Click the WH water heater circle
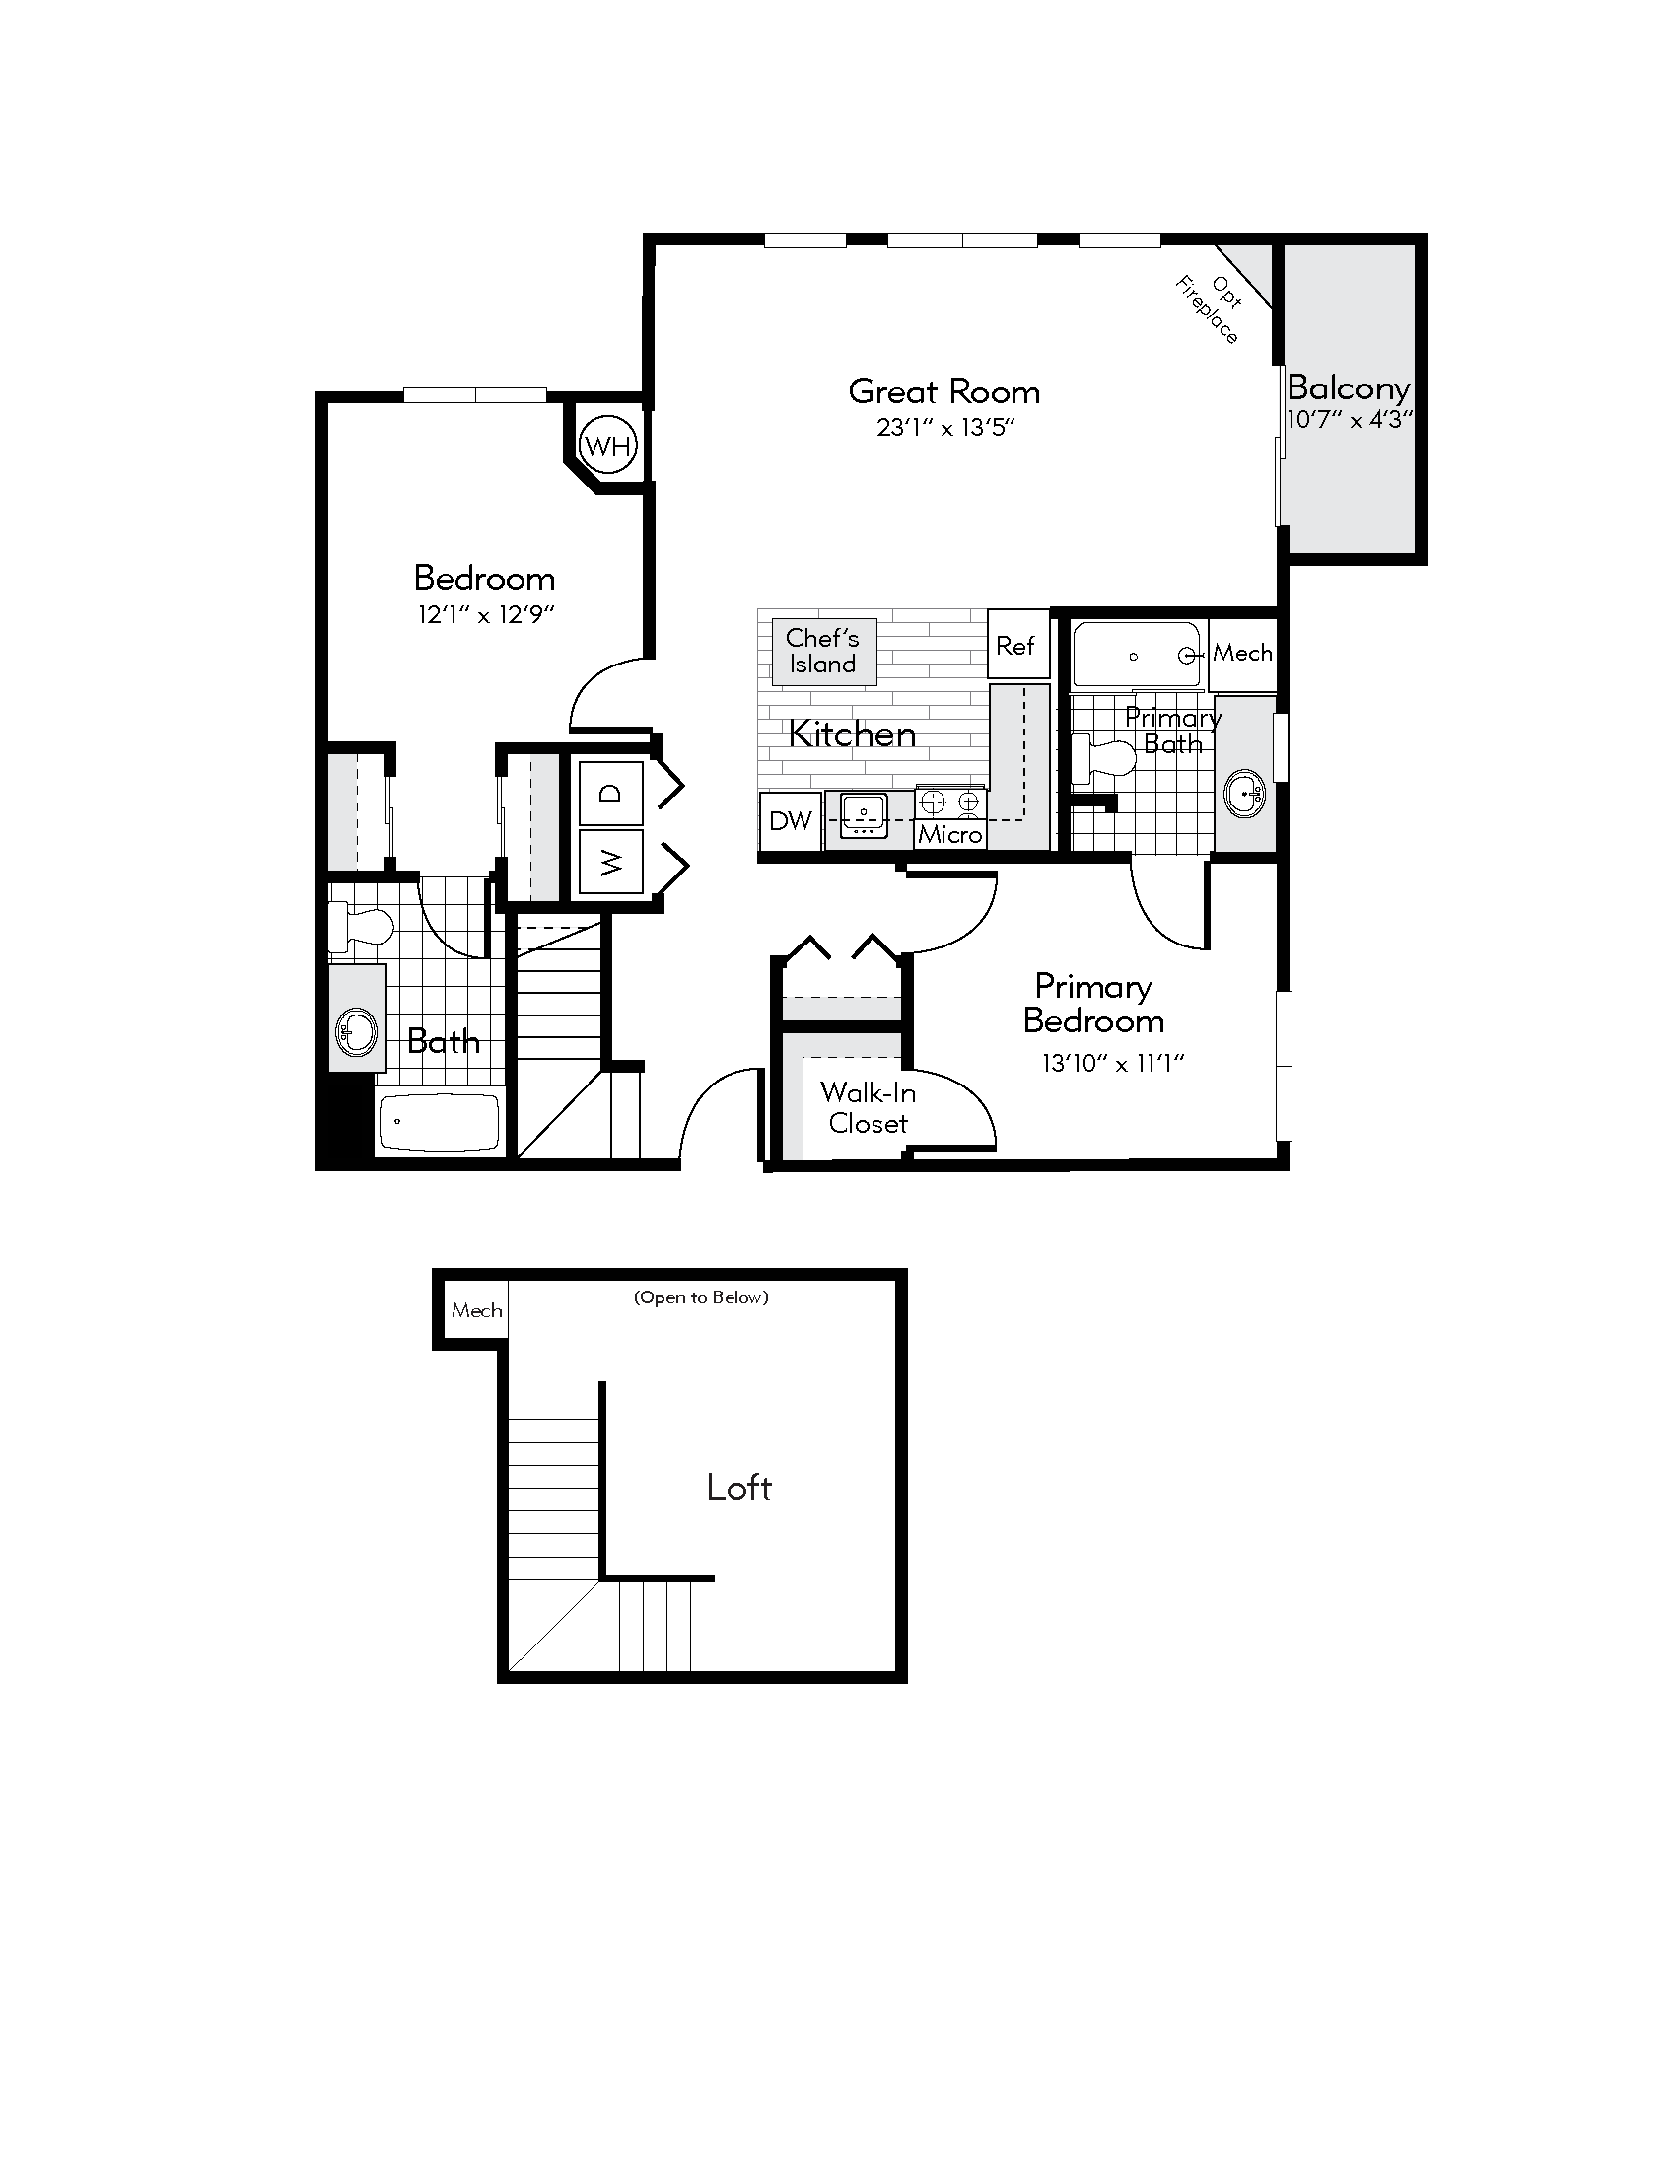(607, 446)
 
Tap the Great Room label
(943, 391)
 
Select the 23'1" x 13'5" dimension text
(945, 428)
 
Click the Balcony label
(1349, 387)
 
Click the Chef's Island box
(822, 652)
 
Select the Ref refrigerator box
(1016, 646)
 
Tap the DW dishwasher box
(791, 820)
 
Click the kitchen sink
(864, 815)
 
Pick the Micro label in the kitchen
(950, 834)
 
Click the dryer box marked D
(610, 793)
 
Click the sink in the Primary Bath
(1244, 794)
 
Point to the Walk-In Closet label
(868, 1107)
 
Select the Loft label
(738, 1487)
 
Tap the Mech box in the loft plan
(475, 1311)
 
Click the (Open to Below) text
(701, 1297)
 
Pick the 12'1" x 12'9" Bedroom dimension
(484, 615)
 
